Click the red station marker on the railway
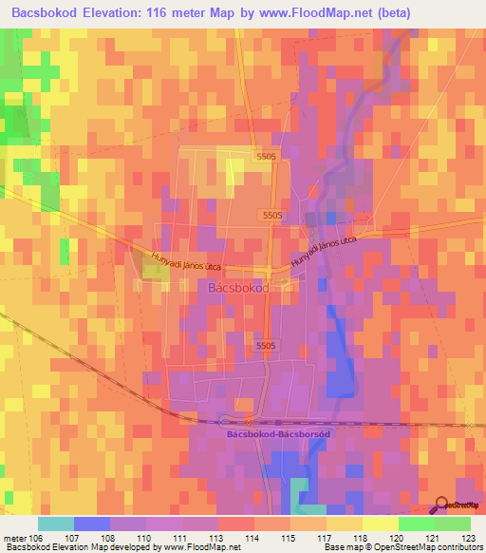[x=249, y=421]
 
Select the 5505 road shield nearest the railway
[x=266, y=347]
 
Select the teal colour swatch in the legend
[x=56, y=524]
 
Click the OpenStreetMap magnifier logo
[x=441, y=505]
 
